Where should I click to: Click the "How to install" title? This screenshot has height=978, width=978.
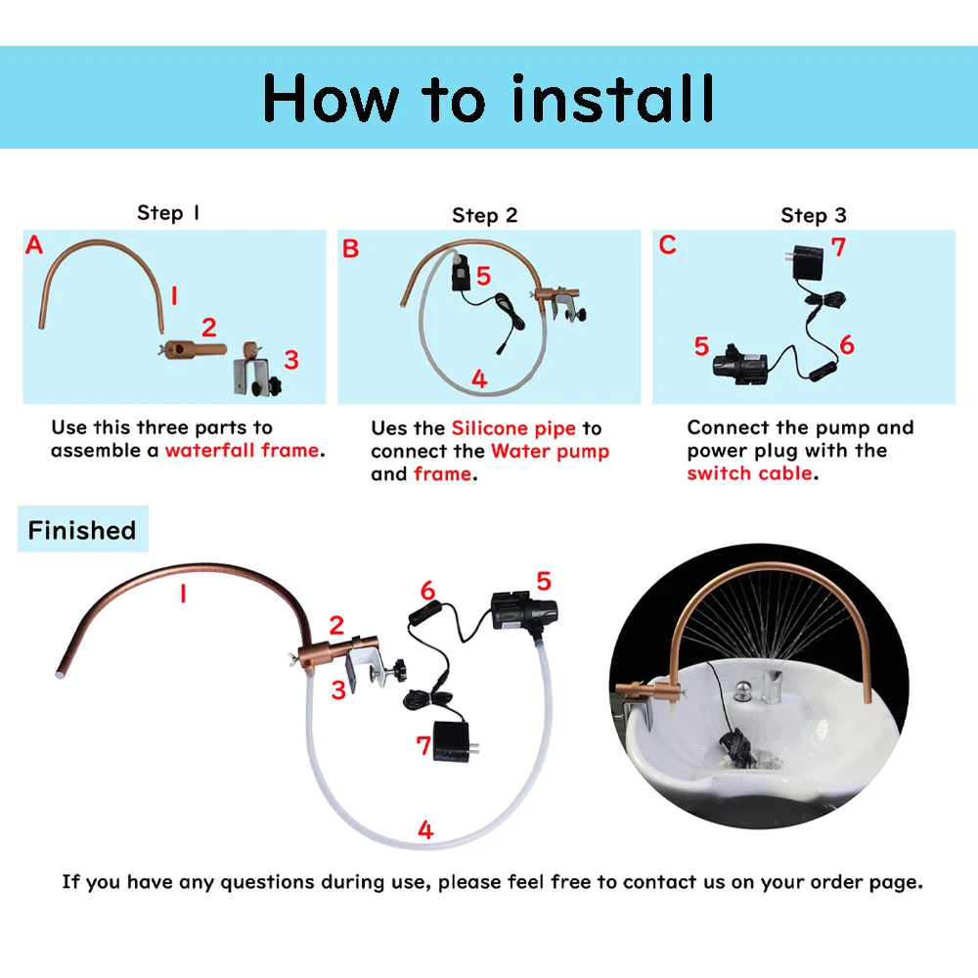pos(488,98)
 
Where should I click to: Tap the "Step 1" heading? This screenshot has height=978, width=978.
pos(168,213)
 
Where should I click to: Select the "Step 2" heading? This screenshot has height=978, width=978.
pos(484,215)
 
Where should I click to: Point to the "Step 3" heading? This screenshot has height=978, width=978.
pos(813,215)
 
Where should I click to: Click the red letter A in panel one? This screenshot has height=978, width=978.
pos(34,245)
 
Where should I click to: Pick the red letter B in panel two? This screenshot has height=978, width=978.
pos(350,249)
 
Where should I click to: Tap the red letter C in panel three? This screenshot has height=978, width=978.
pos(667,244)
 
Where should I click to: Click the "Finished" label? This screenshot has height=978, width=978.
pos(82,530)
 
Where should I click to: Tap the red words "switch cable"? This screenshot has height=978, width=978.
pos(749,473)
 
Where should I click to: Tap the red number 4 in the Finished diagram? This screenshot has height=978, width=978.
pos(425,830)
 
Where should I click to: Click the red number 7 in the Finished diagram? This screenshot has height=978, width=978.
pos(423,745)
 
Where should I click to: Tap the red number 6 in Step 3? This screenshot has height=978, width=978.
pos(846,345)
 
